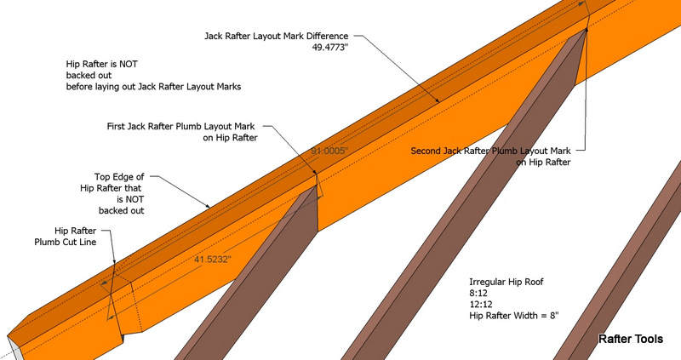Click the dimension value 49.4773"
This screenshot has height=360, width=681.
[x=330, y=47]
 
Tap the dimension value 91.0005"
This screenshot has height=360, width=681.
[x=330, y=151]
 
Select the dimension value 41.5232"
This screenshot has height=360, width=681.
[x=212, y=260]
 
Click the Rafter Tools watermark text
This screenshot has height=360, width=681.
[x=631, y=339]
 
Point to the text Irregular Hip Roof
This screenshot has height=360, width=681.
[x=506, y=282]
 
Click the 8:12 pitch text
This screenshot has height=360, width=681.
[x=478, y=293]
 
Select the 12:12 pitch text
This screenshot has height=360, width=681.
[x=480, y=305]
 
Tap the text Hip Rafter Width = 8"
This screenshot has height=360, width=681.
[x=514, y=316]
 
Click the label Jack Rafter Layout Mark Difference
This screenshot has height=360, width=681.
[x=276, y=36]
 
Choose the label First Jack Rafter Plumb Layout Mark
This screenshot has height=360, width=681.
[x=180, y=126]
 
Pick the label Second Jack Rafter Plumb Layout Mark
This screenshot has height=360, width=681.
[x=491, y=151]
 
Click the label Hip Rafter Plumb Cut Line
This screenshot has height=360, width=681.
[x=66, y=237]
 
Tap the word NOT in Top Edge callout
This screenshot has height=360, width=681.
[x=134, y=199]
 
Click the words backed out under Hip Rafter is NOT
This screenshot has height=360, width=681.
[x=89, y=75]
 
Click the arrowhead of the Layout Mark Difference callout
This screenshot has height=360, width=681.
[x=437, y=100]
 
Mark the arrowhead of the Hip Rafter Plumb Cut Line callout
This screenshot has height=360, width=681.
[x=115, y=261]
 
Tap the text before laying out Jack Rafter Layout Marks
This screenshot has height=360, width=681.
[x=153, y=87]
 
